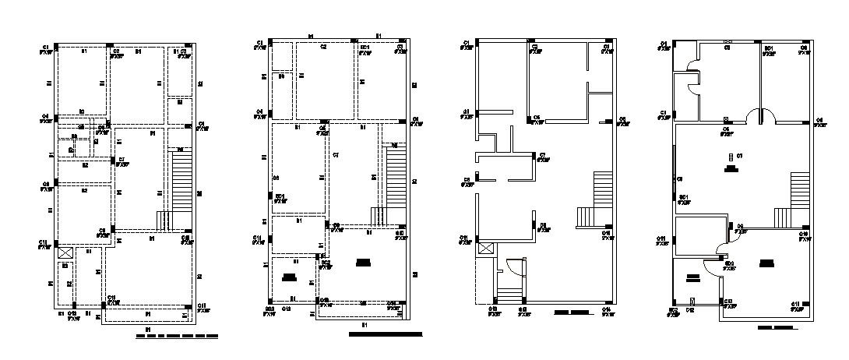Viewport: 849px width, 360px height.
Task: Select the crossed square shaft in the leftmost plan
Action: click(65, 252)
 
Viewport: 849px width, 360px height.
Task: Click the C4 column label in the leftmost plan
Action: click(46, 116)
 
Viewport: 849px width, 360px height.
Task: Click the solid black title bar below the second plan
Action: click(386, 334)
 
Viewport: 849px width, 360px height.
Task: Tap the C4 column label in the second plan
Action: click(259, 111)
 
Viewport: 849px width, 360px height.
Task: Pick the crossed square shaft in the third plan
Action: click(487, 249)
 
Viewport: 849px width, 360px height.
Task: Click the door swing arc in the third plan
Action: click(515, 266)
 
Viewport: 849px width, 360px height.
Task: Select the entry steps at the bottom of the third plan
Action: click(509, 295)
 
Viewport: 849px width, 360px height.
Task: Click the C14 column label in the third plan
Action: click(606, 309)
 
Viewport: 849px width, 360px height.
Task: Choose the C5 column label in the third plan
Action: click(467, 180)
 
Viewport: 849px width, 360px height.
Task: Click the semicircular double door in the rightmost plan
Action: click(761, 115)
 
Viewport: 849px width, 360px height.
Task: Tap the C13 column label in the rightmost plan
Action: click(728, 301)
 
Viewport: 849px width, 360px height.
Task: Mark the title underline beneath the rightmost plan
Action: click(777, 328)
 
